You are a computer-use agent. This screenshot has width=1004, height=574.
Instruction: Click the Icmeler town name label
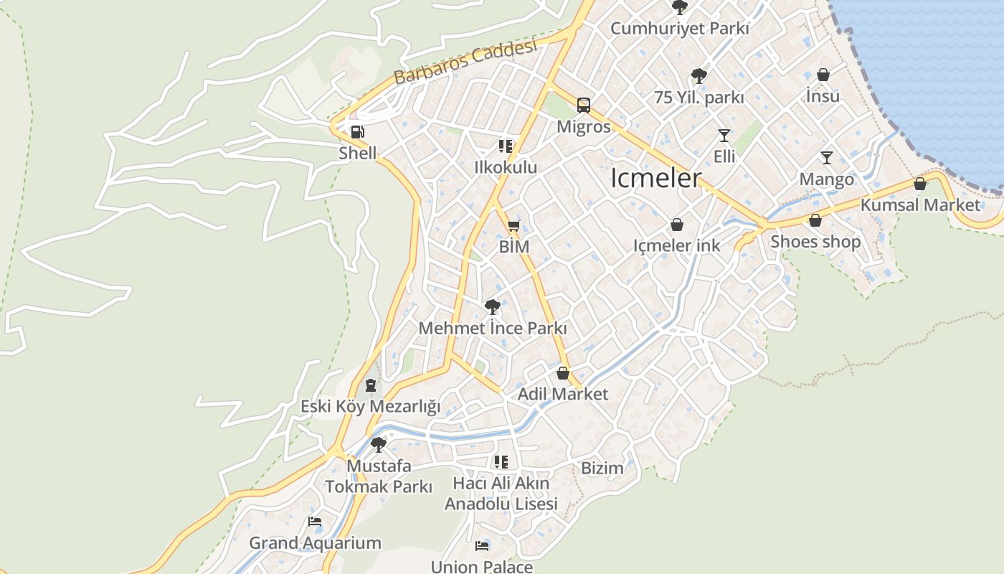coord(655,179)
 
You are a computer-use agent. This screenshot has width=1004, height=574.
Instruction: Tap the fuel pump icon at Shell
coord(356,132)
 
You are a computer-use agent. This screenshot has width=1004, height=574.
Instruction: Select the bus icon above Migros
coord(584,105)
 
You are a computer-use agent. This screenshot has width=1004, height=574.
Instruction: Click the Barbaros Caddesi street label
coord(465,62)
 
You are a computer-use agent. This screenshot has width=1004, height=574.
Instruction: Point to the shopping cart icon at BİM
coord(513,226)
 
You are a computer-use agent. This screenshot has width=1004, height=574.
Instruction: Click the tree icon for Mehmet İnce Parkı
coord(492,307)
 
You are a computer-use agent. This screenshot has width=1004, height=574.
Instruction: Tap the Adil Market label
coord(562,394)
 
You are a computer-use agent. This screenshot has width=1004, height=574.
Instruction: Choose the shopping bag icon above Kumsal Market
coord(920,184)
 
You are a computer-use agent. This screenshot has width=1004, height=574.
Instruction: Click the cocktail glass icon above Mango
coord(827,158)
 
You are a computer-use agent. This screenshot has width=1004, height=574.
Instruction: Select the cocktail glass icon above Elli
coord(724,135)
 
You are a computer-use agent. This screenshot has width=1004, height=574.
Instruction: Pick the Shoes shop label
coord(815,242)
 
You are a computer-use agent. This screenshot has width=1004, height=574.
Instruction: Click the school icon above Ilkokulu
coord(506,146)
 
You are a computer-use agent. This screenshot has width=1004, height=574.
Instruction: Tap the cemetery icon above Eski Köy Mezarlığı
coord(370,385)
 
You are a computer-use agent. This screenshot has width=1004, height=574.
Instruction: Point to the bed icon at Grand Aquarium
coord(314,522)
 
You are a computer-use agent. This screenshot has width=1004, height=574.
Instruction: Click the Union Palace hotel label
coord(481,567)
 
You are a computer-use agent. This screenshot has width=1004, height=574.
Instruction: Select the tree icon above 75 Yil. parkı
coord(698,75)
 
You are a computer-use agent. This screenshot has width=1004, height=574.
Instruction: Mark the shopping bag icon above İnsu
coord(823,75)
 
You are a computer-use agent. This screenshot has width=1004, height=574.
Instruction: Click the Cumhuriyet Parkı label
coord(679,29)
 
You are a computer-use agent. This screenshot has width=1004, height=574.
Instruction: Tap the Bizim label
coord(602,469)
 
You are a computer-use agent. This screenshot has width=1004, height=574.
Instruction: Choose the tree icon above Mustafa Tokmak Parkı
coord(378,445)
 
